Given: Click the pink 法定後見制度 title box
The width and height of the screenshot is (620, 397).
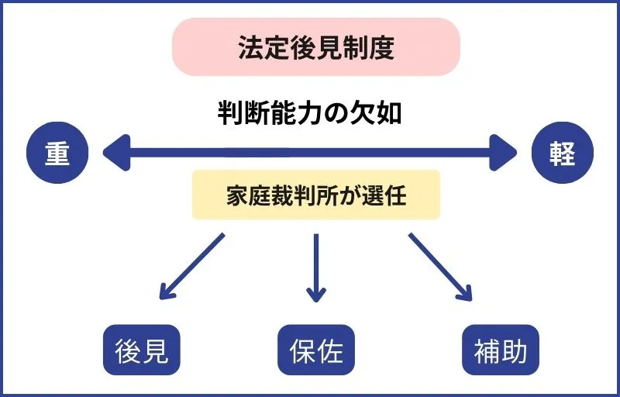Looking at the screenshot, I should (x=315, y=47).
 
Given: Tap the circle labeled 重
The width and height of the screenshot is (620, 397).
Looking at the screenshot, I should (x=57, y=154).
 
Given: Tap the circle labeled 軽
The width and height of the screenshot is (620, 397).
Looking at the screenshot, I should (x=563, y=154).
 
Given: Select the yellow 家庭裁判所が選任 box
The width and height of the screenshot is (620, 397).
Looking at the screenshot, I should (x=315, y=195).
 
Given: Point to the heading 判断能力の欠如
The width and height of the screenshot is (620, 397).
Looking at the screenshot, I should (x=310, y=114).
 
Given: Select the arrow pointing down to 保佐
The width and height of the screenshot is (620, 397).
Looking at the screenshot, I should (x=315, y=268).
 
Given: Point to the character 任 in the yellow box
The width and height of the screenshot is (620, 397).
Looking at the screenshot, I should (x=395, y=195).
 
